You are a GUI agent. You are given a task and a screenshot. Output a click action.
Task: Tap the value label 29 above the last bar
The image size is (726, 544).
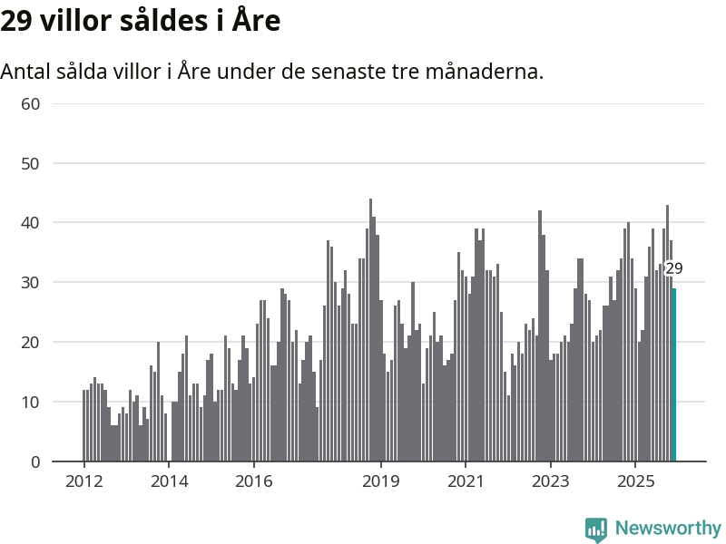point(673,268)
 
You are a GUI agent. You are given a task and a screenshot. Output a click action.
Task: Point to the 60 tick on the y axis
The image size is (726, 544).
point(30,103)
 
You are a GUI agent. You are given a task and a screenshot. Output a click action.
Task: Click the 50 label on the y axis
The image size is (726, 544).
point(30,163)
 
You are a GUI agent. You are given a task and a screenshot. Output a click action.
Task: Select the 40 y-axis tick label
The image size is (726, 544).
point(30,223)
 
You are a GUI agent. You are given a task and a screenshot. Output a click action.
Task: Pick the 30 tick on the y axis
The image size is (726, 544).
point(30,283)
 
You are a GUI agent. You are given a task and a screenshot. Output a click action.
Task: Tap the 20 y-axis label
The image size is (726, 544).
point(30,343)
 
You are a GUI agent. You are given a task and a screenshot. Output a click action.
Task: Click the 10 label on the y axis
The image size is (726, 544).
point(30,402)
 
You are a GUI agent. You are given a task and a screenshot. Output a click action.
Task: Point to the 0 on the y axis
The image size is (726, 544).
point(35,461)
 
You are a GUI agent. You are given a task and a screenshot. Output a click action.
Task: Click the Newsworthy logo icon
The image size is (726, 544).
point(596,529)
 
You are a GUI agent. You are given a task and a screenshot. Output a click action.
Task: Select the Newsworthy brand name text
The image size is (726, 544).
point(668,528)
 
